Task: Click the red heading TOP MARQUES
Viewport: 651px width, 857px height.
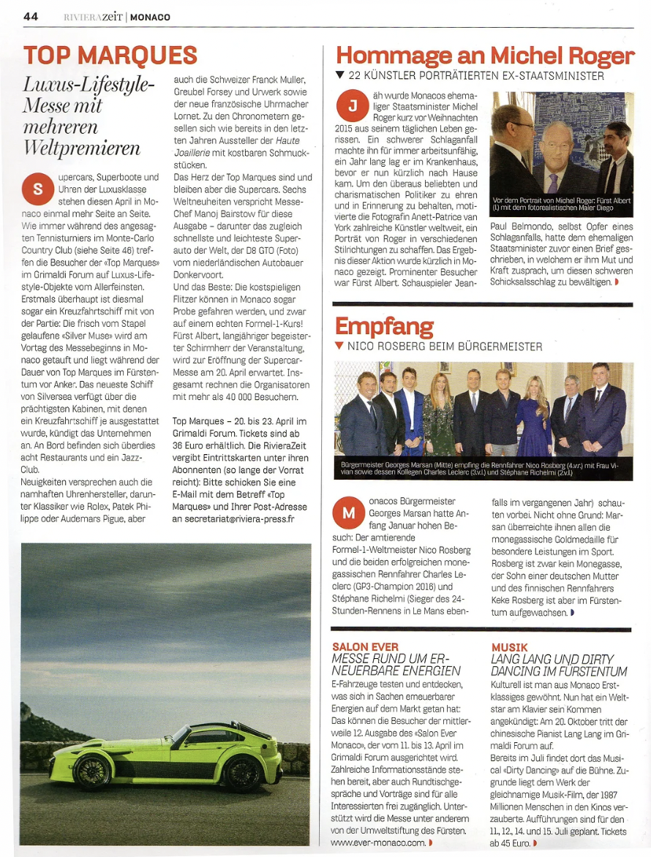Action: coord(110,55)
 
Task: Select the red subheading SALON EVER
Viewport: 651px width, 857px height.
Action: coord(365,647)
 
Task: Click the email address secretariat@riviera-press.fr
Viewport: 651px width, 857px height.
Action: coord(233,518)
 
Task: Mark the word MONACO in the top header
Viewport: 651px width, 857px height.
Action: coord(151,17)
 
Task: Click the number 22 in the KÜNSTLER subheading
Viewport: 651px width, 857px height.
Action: coord(355,75)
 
